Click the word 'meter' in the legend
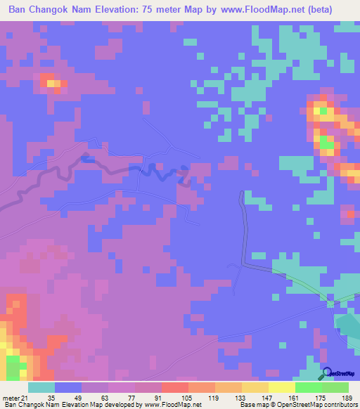coord(11,398)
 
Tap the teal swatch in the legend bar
coord(41,387)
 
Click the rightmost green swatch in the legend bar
coord(335,387)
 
